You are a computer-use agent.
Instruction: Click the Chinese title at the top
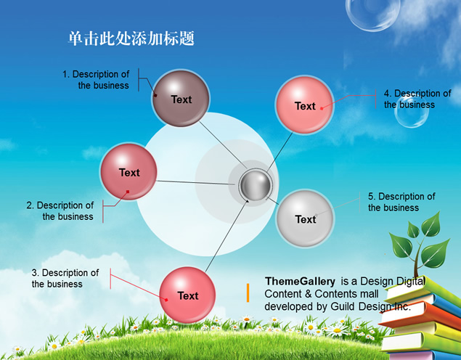click(131, 38)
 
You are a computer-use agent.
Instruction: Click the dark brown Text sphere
click(181, 99)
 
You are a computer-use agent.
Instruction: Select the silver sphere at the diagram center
click(256, 185)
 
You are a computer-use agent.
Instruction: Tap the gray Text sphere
click(305, 218)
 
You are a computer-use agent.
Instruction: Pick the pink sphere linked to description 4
click(305, 105)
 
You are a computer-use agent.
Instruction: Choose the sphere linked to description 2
click(128, 172)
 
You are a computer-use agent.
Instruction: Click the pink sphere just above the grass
click(187, 295)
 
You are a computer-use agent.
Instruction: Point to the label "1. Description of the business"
click(96, 80)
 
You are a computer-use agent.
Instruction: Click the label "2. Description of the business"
click(60, 210)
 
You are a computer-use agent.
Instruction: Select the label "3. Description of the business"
click(65, 278)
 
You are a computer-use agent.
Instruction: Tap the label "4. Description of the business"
click(417, 99)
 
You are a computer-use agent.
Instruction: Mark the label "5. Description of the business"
click(401, 202)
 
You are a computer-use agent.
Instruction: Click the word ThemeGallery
click(300, 281)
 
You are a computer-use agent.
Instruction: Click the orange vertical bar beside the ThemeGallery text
click(248, 292)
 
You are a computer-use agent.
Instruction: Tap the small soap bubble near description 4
click(412, 111)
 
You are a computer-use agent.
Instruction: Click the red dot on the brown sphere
click(155, 95)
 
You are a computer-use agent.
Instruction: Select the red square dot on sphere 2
click(128, 192)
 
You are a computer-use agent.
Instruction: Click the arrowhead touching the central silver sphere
click(248, 201)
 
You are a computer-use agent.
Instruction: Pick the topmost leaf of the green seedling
click(432, 225)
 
